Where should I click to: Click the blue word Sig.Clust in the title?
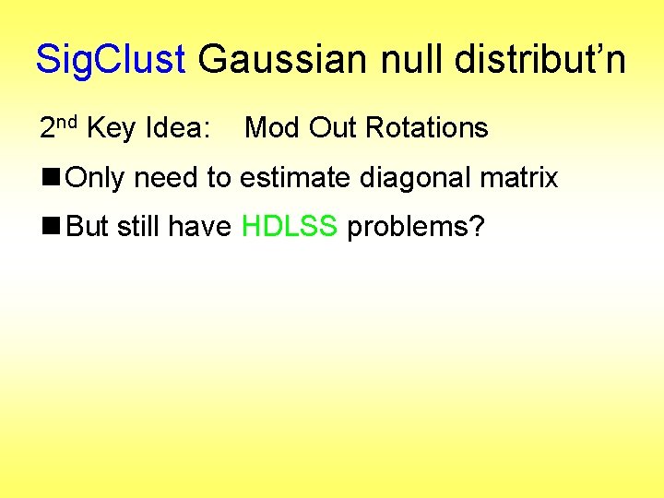point(111,60)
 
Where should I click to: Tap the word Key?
point(112,128)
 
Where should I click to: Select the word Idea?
point(179,128)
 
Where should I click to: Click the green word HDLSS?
point(289,226)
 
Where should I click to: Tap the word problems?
point(415,227)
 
